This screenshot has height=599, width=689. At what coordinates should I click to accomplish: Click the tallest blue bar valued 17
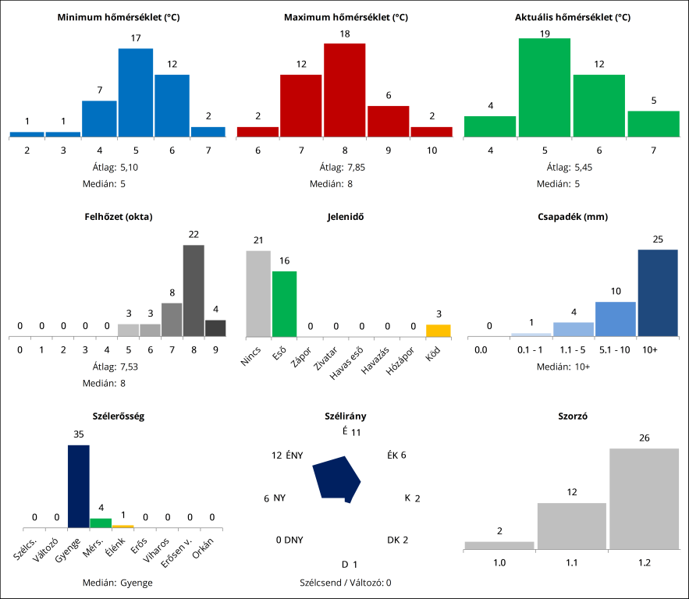pyautogui.click(x=135, y=92)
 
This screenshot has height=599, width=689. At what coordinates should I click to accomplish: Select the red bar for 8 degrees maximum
pyautogui.click(x=344, y=90)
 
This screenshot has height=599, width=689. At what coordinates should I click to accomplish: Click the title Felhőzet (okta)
pyautogui.click(x=119, y=217)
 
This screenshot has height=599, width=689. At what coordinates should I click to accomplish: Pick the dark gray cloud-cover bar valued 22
pyautogui.click(x=194, y=290)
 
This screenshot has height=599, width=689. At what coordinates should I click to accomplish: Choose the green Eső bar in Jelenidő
pyautogui.click(x=284, y=303)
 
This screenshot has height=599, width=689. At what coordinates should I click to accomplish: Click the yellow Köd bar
pyautogui.click(x=438, y=330)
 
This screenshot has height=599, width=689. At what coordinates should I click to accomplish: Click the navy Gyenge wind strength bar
pyautogui.click(x=79, y=486)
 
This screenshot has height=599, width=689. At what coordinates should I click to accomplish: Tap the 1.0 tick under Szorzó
pyautogui.click(x=499, y=561)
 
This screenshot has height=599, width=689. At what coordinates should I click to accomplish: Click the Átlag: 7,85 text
pyautogui.click(x=344, y=167)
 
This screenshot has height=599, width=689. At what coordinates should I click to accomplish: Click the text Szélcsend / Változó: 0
pyautogui.click(x=345, y=582)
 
